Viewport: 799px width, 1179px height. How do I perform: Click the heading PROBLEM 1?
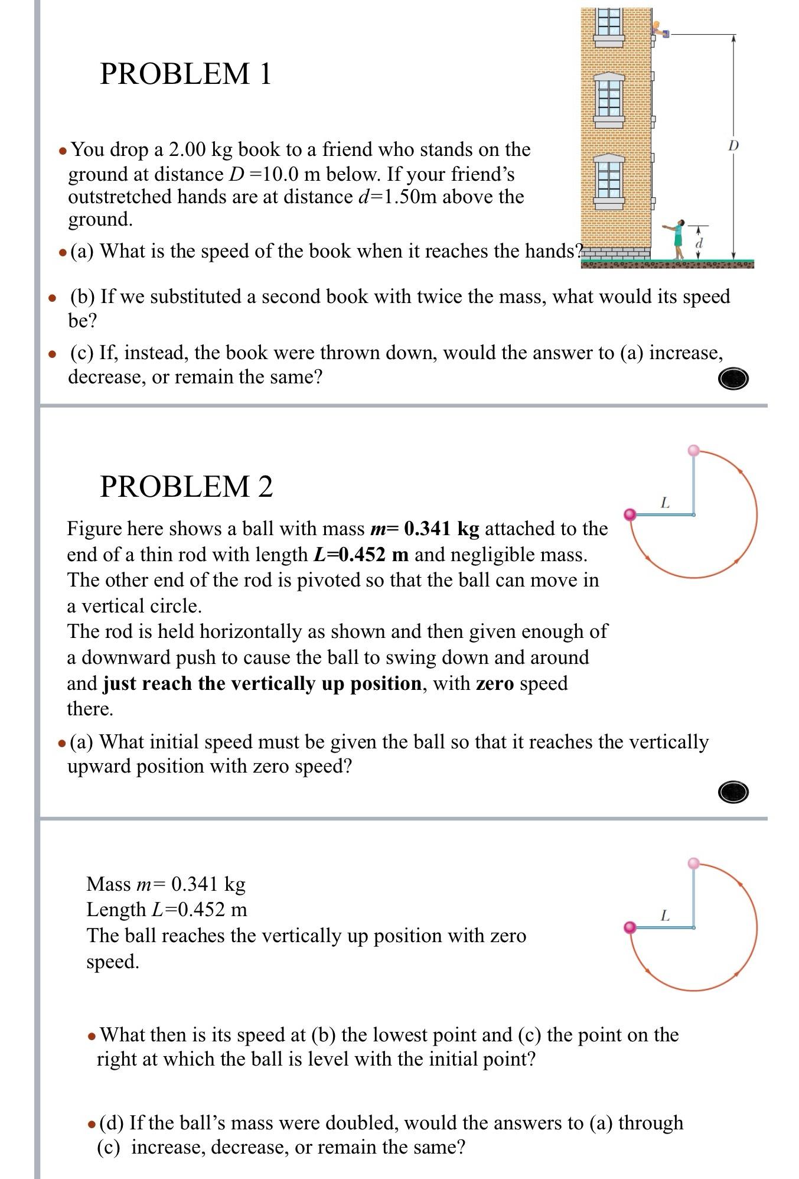point(185,74)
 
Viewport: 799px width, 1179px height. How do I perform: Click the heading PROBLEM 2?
point(186,487)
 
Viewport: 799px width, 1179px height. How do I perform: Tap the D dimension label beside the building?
point(733,145)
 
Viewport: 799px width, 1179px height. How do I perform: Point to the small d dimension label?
point(699,243)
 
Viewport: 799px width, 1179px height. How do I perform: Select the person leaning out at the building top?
point(659,30)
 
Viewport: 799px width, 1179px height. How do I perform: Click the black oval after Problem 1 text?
point(733,378)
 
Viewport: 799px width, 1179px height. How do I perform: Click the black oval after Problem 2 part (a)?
point(733,792)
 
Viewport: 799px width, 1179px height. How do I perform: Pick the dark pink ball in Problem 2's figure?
point(630,514)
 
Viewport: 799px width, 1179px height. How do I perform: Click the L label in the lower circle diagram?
point(665,916)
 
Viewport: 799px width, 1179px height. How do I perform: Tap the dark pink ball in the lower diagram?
point(630,927)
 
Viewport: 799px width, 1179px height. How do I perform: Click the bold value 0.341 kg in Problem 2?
point(441,528)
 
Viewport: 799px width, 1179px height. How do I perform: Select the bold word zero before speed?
point(494,683)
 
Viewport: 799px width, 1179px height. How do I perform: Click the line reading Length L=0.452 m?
point(167,909)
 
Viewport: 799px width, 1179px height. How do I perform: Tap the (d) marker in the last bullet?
point(111,1122)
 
